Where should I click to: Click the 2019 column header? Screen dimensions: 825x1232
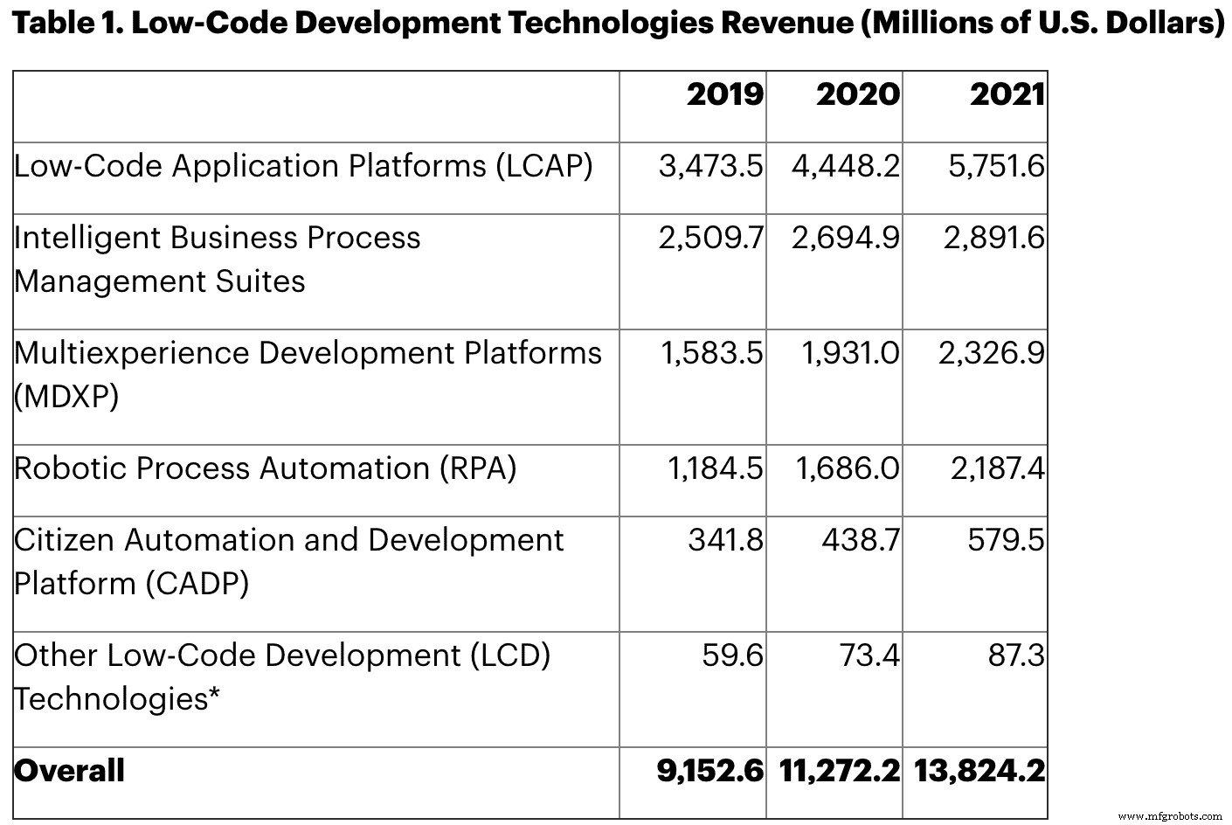point(724,94)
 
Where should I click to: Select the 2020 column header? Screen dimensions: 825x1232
point(857,94)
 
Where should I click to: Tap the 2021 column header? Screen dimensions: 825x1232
point(1007,94)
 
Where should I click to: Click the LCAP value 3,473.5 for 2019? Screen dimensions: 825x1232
point(710,166)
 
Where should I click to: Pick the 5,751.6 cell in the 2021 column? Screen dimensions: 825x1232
point(996,166)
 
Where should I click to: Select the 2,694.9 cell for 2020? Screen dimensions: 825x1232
point(845,238)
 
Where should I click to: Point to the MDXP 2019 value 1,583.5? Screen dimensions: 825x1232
point(711,353)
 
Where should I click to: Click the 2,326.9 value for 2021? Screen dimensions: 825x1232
point(991,353)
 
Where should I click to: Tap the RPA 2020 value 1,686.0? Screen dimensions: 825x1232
point(847,468)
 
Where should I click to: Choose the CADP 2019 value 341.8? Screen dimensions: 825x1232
point(725,540)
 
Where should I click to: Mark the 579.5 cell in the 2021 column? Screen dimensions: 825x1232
point(1005,540)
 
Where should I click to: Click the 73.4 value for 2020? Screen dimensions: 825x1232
point(860,655)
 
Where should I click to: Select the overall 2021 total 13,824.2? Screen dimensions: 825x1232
point(979,771)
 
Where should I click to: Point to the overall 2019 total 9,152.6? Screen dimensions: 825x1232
point(709,771)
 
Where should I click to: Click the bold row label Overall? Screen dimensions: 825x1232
point(70,771)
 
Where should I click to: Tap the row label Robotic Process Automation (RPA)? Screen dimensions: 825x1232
point(265,468)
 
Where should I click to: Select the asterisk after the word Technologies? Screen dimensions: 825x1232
point(213,696)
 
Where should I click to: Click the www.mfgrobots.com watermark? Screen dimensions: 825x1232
point(1170,815)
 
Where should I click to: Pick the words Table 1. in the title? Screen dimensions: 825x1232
point(66,24)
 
